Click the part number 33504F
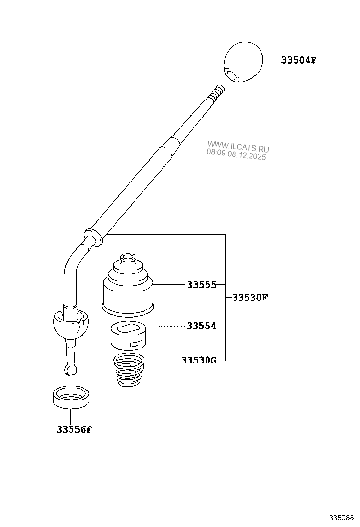[298, 60]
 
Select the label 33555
[201, 285]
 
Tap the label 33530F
[250, 298]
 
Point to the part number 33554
[201, 326]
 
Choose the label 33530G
[198, 360]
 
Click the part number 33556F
[73, 430]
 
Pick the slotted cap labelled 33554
[128, 335]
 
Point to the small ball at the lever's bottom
[70, 368]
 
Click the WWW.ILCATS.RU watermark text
[238, 145]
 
